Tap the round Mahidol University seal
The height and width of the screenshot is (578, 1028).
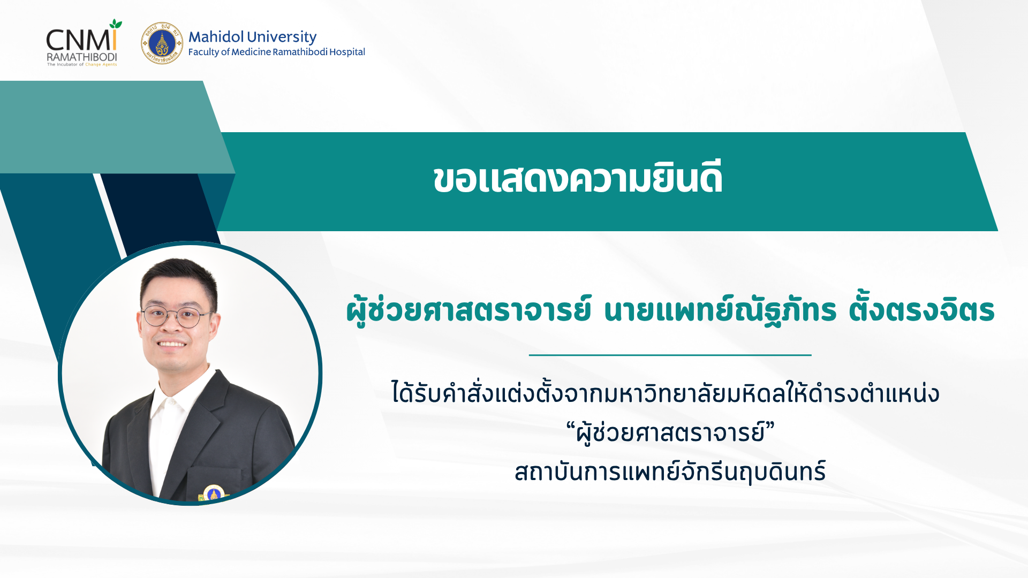pyautogui.click(x=162, y=43)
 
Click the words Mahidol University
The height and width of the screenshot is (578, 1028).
pyautogui.click(x=252, y=36)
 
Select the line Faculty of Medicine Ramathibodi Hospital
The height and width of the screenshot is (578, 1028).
pyautogui.click(x=276, y=52)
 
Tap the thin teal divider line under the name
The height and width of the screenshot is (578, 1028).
pyautogui.click(x=670, y=355)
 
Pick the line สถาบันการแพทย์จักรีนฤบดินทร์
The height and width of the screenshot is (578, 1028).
pyautogui.click(x=670, y=471)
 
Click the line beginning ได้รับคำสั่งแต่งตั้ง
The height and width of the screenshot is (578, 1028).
pyautogui.click(x=666, y=393)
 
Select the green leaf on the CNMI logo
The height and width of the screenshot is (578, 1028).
pyautogui.click(x=115, y=25)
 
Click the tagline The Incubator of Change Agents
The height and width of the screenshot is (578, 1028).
pyautogui.click(x=82, y=65)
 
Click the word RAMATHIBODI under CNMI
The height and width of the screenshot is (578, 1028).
pyautogui.click(x=81, y=57)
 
